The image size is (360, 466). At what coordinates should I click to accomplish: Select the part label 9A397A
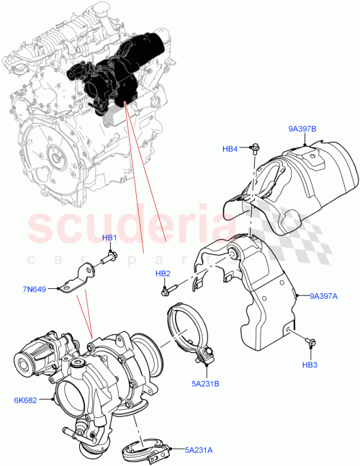325,295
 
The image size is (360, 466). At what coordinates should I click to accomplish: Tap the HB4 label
230,149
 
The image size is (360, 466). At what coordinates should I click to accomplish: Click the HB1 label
109,238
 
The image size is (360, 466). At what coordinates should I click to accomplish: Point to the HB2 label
163,274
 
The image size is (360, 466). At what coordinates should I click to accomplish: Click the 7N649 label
34,290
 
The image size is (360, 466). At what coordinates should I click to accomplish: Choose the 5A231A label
199,450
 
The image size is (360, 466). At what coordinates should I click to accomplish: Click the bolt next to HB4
254,149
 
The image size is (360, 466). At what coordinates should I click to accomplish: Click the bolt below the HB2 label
166,290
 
